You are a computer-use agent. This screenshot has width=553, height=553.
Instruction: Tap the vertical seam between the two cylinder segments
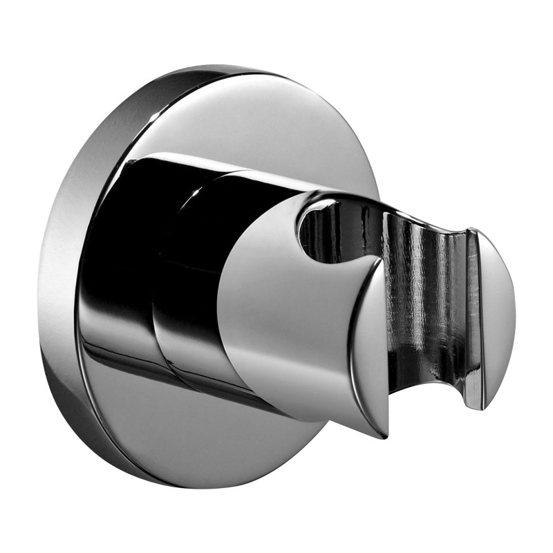(x=156, y=276)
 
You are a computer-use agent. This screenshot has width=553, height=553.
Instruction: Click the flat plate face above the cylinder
(x=263, y=118)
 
